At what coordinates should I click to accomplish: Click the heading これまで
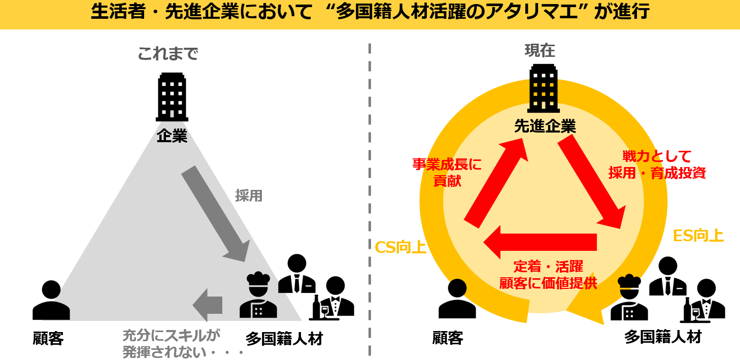pos(167,53)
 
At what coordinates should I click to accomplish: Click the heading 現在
pos(540,50)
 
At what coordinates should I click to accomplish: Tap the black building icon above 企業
pos(172,97)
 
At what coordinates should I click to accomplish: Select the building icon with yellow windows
pos(543,88)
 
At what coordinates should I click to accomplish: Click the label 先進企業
pos(545,126)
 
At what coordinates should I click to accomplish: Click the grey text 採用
pos(249,195)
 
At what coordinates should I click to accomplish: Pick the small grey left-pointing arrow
pos(208,305)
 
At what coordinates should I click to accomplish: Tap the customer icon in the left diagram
pos(51,300)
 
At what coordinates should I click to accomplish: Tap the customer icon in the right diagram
pos(457,299)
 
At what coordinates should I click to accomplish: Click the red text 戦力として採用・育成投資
pos(657,165)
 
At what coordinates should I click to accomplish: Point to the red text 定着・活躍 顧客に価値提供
pos(548,274)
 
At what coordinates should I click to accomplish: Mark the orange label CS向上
pos(400,247)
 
